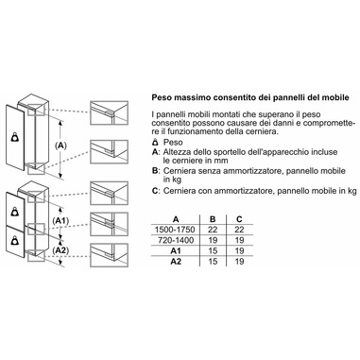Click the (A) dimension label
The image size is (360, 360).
pos(60,146)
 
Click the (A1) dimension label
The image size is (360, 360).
pos(60,221)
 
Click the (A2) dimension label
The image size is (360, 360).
pos(60,250)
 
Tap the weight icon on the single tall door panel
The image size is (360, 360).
pos(14,137)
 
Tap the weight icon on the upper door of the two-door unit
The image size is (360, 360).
pos(14,212)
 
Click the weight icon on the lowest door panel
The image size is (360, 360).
pos(14,241)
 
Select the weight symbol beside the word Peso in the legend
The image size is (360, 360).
pos(155,142)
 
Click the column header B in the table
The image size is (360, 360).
pos(213,219)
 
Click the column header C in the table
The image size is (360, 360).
pos(239,219)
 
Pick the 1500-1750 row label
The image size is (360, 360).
pos(175,230)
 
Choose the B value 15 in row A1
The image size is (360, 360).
pos(213,250)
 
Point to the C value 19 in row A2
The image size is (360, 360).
pos(239,261)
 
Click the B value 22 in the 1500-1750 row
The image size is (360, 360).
pos(213,230)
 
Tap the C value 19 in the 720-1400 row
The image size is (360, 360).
pos(239,240)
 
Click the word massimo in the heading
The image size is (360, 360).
pos(192,97)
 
